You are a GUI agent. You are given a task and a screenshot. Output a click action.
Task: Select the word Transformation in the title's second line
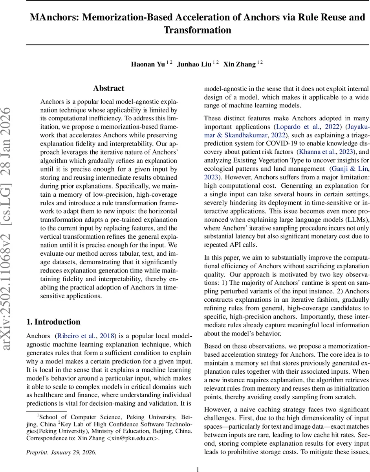click(x=197, y=30)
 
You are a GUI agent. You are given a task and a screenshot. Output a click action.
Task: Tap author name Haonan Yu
click(x=148, y=65)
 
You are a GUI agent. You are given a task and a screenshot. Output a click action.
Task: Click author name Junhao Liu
click(x=194, y=65)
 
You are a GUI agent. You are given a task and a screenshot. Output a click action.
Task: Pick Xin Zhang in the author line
click(x=239, y=65)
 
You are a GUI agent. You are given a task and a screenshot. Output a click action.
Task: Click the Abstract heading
click(x=108, y=88)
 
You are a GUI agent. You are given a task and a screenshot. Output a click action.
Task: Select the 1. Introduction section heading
click(x=53, y=322)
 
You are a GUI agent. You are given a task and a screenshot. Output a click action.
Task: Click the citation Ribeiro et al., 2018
click(x=86, y=336)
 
